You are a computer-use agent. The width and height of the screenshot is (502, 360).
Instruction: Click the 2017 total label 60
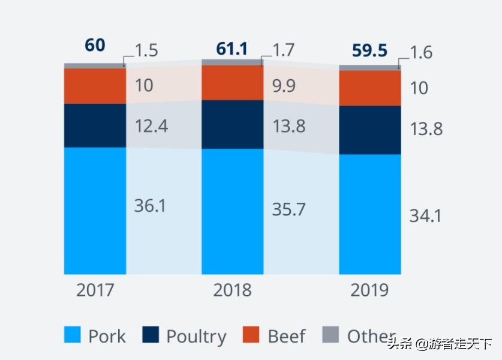(x=95, y=46)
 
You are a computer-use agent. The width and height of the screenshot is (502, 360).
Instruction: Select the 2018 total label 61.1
(x=232, y=49)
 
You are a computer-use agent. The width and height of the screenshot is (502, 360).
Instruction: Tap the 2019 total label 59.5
(x=369, y=51)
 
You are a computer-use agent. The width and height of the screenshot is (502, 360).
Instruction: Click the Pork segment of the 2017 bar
(x=95, y=210)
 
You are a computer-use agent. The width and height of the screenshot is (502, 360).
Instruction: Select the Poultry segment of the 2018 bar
(x=232, y=124)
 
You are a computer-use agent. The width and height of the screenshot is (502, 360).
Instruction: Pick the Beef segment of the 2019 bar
(x=369, y=88)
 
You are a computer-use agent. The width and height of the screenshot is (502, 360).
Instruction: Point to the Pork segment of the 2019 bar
(x=369, y=214)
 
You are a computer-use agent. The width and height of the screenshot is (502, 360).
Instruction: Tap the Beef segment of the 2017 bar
(x=95, y=86)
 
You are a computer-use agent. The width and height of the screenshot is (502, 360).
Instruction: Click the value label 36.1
(x=150, y=206)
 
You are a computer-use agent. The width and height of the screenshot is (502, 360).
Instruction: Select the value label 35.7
(x=288, y=209)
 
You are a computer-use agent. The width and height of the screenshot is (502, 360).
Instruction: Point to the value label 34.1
(x=425, y=215)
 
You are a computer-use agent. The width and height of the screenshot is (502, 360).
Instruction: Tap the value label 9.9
(x=284, y=86)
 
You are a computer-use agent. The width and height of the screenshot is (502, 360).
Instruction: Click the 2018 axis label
(x=232, y=291)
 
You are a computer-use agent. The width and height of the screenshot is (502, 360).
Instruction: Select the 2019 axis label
(x=369, y=291)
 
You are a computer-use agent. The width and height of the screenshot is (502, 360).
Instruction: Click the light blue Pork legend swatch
(x=72, y=335)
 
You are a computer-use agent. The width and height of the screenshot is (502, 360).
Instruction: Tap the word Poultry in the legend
(x=196, y=336)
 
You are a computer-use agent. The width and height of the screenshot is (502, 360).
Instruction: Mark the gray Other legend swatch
(x=330, y=335)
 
